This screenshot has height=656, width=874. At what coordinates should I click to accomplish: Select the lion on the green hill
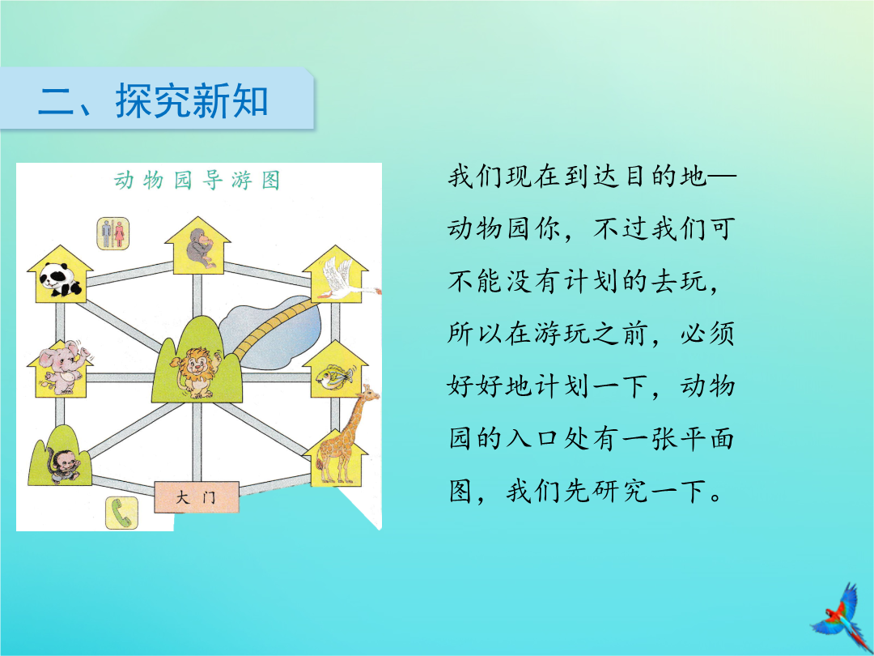pos(196,372)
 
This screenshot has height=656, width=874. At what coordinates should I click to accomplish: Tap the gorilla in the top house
pos(198,248)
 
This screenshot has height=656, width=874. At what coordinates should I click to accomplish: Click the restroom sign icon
pos(113,233)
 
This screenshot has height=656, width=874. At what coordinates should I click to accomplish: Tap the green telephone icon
pos(121,513)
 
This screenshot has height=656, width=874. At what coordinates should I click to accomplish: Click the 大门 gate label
pos(197,497)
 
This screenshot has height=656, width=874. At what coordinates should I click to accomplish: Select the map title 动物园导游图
pos(197,180)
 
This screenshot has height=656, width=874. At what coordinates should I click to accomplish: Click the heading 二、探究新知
pos(153,101)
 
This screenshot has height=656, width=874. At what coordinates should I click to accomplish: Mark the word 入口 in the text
pos(532,438)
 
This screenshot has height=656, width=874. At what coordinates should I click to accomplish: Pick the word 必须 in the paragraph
pos(706,334)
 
